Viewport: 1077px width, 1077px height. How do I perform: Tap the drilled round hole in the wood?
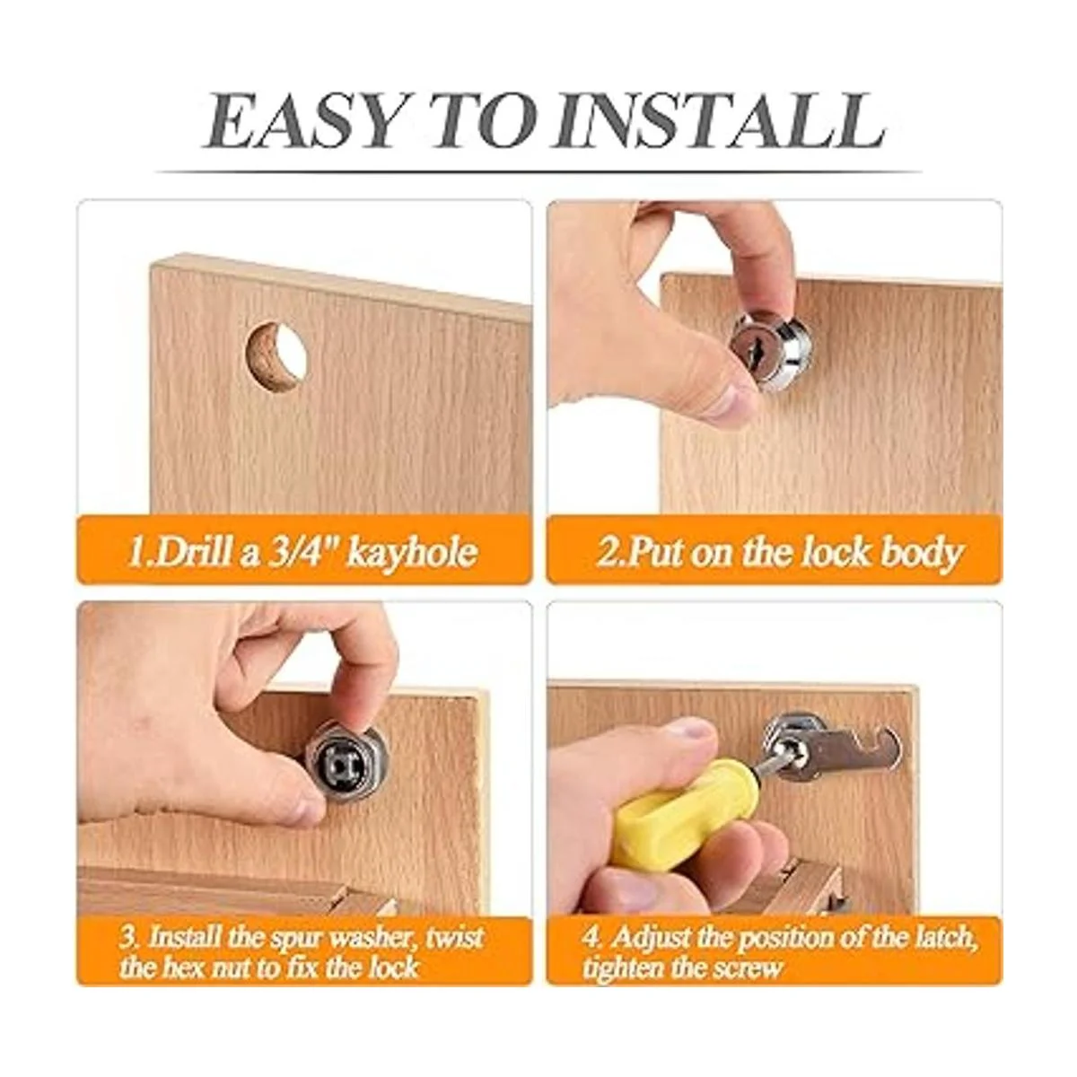(276, 355)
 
